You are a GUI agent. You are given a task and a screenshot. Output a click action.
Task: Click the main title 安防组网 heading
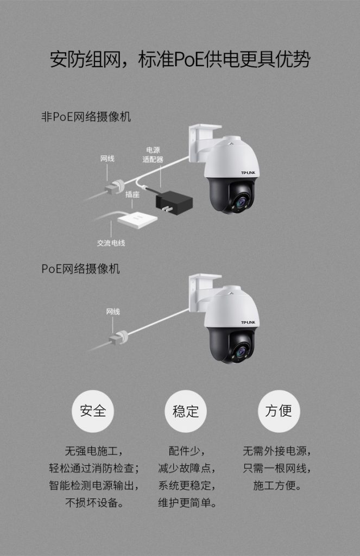pyautogui.click(x=180, y=60)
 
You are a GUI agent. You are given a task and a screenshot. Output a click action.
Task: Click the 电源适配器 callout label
pyautogui.click(x=153, y=155)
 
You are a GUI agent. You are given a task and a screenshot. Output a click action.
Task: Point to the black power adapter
pyautogui.click(x=173, y=201)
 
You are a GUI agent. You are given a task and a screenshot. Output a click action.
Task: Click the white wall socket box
pyautogui.click(x=136, y=219)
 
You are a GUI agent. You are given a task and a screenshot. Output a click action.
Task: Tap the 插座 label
pyautogui.click(x=132, y=194)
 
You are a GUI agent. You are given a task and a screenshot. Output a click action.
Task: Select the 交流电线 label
pyautogui.click(x=111, y=243)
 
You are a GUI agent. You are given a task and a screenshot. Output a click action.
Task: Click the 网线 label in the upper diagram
pyautogui.click(x=108, y=159)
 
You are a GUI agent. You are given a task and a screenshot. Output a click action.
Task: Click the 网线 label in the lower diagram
pyautogui.click(x=113, y=312)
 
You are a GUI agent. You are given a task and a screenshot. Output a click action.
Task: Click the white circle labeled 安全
pyautogui.click(x=93, y=411)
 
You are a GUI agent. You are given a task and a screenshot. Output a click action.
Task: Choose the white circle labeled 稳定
pyautogui.click(x=186, y=411)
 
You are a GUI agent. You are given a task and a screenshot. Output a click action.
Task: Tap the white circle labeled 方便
pyautogui.click(x=279, y=411)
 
